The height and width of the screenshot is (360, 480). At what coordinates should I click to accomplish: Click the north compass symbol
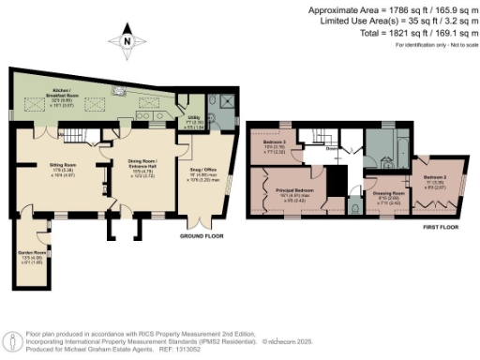click(127, 42)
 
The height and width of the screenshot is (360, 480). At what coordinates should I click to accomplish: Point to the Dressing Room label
click(392, 194)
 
